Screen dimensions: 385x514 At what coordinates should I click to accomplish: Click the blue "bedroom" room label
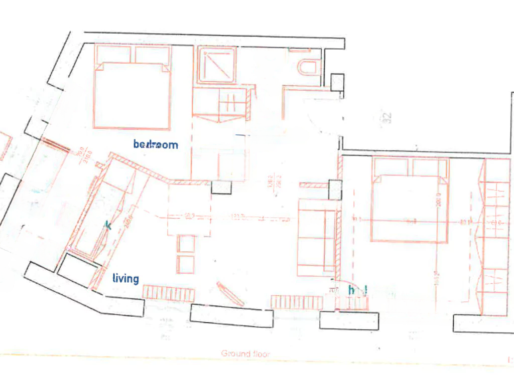(156, 145)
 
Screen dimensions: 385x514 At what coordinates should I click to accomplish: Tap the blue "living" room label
(125, 278)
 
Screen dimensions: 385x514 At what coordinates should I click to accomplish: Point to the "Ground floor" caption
(245, 354)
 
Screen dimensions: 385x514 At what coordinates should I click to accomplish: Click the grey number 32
(387, 118)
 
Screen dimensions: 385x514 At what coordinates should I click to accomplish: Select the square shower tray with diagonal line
(217, 65)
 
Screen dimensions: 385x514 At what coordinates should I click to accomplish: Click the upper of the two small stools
(186, 244)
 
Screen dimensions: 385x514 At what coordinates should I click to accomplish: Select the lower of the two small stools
(186, 264)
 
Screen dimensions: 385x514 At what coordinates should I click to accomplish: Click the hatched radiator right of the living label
(169, 293)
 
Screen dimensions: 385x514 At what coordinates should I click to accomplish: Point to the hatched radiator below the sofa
(297, 302)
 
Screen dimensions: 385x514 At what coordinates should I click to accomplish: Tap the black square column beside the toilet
(337, 82)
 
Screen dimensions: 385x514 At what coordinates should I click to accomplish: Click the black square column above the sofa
(335, 190)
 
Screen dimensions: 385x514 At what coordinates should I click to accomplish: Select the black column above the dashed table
(221, 187)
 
